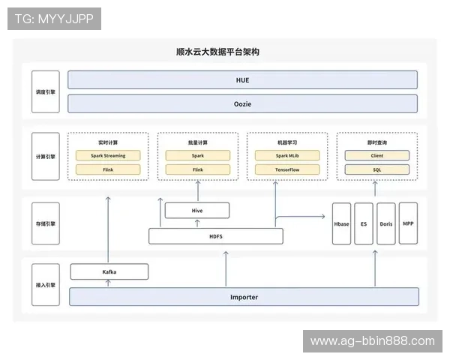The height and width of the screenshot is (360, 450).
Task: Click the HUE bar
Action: (x=242, y=79)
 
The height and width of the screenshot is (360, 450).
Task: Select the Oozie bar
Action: (x=242, y=103)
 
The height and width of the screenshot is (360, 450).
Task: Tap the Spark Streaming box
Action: (x=108, y=156)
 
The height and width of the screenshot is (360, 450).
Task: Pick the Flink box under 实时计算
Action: (x=108, y=169)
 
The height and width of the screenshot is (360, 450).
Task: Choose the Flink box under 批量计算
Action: (x=197, y=169)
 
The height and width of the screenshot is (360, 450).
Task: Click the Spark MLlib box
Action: (x=286, y=156)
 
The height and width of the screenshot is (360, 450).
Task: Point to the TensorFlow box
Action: (x=286, y=169)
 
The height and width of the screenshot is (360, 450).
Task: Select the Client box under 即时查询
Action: (x=376, y=156)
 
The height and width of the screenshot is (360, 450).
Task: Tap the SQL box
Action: (x=376, y=169)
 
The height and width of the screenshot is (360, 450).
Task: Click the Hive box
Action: (x=197, y=211)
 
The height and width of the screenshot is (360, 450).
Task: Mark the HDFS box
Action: (x=216, y=236)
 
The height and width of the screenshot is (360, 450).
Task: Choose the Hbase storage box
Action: (x=341, y=223)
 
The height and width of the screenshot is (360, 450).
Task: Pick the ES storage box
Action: (x=364, y=223)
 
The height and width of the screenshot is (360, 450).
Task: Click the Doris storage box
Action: (x=385, y=223)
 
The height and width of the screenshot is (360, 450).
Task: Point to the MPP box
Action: (x=408, y=223)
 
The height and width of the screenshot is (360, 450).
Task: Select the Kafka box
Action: (x=109, y=271)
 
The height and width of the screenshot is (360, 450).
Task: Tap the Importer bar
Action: (x=244, y=297)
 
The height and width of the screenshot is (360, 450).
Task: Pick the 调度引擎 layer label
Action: (x=45, y=92)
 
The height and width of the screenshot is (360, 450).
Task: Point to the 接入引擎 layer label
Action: (x=45, y=286)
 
